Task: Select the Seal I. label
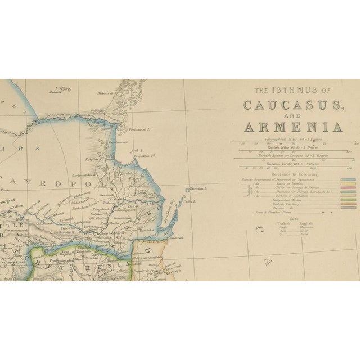[134, 151]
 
